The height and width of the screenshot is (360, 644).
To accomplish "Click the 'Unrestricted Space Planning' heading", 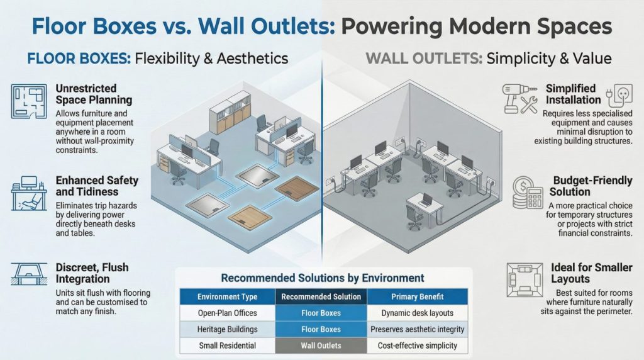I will (x=94, y=94).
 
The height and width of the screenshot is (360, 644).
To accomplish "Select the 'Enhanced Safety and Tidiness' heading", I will (x=97, y=186).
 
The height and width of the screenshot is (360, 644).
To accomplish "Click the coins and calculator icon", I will (x=527, y=192).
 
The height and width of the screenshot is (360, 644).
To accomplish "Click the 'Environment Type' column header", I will (x=227, y=296).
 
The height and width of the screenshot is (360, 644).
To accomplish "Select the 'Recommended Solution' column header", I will (x=321, y=296).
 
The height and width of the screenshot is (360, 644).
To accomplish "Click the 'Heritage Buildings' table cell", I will (x=227, y=329).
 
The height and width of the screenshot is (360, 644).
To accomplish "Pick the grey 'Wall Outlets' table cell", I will (x=321, y=346).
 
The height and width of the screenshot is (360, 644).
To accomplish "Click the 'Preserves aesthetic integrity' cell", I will (x=417, y=329).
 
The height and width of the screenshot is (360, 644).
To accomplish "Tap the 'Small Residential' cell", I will (x=227, y=346).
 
